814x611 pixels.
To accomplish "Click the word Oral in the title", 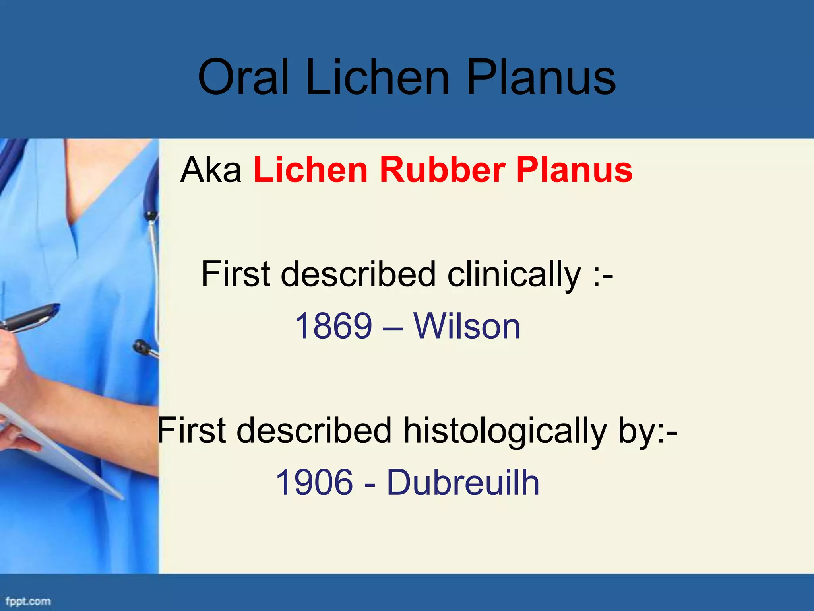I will click(243, 77).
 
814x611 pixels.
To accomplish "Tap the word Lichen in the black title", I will click(378, 77).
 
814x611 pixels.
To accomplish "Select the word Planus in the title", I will click(541, 77).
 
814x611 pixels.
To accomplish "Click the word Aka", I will click(211, 170).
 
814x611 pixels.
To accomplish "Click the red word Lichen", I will click(310, 170).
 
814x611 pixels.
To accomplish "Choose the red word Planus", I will click(574, 170).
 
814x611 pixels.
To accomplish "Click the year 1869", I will click(333, 326).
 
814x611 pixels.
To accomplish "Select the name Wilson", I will click(467, 326).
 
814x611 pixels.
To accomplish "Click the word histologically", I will click(505, 430).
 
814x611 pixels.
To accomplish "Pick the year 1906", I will click(314, 483).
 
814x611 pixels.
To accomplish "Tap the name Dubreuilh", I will click(463, 483).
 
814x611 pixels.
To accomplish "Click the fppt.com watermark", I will click(28, 601).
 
